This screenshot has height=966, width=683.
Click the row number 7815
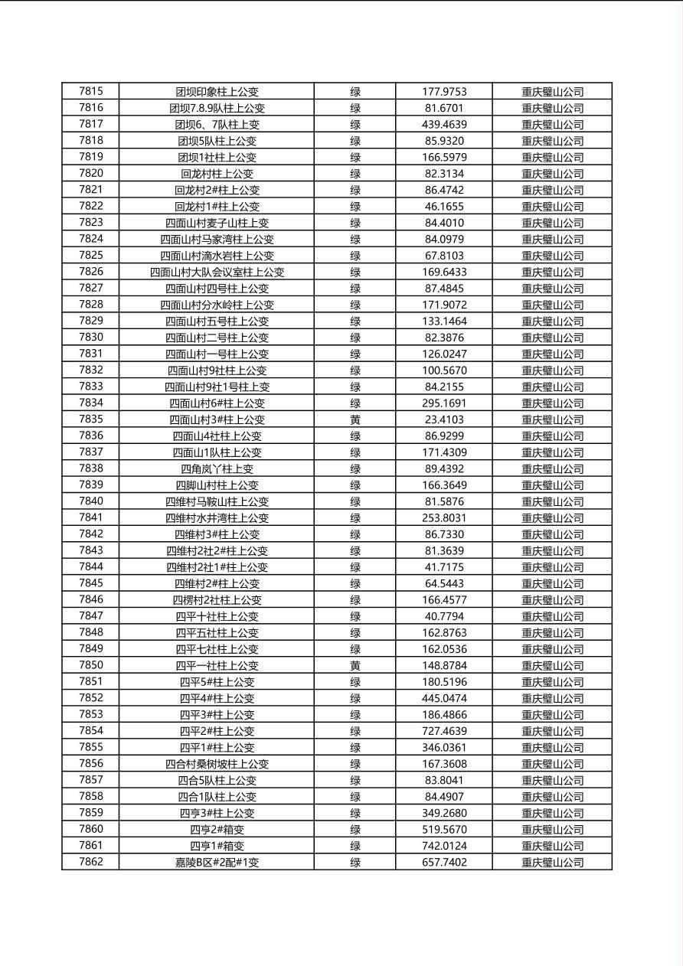[x=90, y=91]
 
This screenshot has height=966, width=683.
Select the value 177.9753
[x=444, y=92]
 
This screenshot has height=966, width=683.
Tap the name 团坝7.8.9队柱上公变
[x=217, y=108]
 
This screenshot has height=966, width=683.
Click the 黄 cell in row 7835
[x=355, y=419]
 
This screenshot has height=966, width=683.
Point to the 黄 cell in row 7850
[x=355, y=665]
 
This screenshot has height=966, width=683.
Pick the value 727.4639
[x=444, y=731]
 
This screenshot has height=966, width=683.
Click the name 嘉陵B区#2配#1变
[x=217, y=862]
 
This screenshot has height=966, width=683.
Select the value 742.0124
[x=444, y=846]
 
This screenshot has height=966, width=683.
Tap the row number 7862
[x=90, y=862]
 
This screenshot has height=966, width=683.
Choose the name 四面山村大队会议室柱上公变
[x=217, y=272]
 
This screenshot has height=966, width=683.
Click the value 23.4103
[x=444, y=419]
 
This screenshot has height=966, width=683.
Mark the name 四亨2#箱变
[x=217, y=829]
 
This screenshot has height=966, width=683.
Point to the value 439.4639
[x=444, y=124]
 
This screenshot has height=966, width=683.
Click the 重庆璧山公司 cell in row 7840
[x=552, y=501]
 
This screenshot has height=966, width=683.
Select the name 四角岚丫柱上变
[x=217, y=468]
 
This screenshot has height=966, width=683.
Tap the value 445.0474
[x=444, y=698]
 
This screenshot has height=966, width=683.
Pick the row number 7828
[x=90, y=305]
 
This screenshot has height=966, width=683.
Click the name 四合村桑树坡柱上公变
[x=217, y=764]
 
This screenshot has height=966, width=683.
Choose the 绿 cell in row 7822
[x=355, y=206]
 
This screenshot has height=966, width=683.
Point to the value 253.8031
[x=444, y=517]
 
